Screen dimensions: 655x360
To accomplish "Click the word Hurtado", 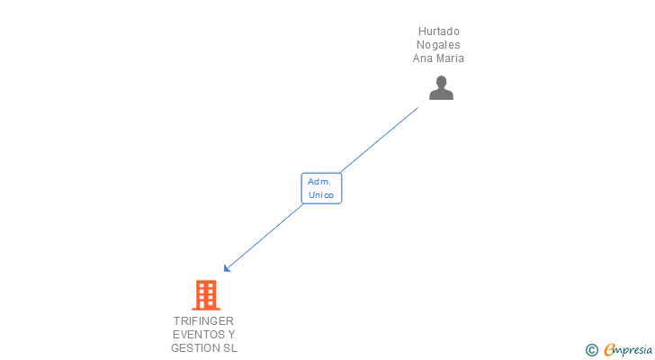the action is [438, 31].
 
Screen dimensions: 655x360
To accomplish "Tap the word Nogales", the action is [438, 45].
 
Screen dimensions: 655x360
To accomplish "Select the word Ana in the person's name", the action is [423, 58].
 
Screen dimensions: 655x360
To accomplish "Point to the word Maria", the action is [450, 58].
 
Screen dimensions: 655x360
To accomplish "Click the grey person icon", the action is [441, 88].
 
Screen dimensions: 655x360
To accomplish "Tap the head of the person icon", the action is [441, 82].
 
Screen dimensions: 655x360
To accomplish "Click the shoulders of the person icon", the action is [441, 94].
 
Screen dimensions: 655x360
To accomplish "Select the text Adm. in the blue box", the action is [319, 182].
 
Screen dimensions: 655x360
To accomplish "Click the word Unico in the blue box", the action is [321, 195].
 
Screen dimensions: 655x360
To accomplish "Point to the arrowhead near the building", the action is [228, 267].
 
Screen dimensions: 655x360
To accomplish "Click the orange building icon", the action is [206, 294].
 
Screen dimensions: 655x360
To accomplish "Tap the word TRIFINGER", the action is [204, 320].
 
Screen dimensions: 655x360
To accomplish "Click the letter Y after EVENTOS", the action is [232, 334].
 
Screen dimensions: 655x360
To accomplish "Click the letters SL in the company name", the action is [230, 347].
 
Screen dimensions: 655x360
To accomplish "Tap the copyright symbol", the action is [591, 350].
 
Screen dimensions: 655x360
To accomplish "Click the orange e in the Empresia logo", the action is [609, 350].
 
